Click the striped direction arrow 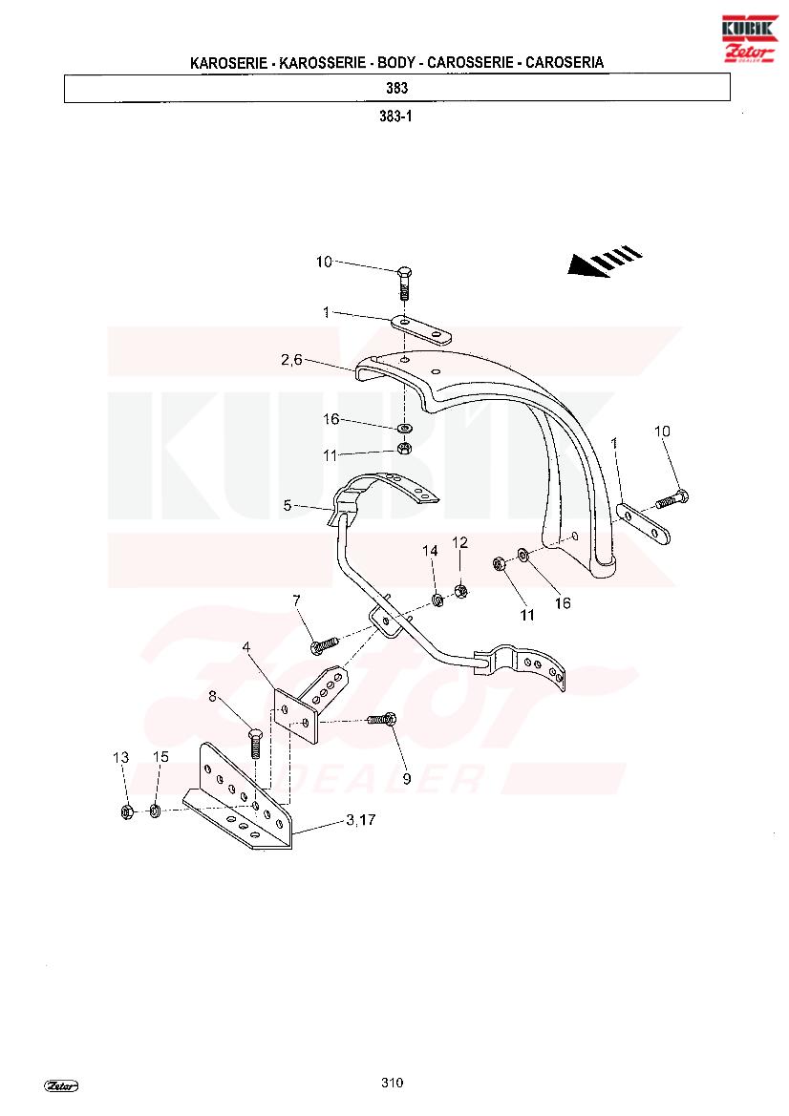coord(605,262)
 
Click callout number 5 coord(287,505)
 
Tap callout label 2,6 coord(292,360)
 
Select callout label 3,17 coord(361,820)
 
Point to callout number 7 coord(296,601)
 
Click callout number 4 coord(246,647)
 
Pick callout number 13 coord(121,757)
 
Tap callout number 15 coord(160,757)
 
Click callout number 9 coord(407,779)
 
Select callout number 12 coord(460,542)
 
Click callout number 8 coord(212,697)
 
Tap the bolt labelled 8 coord(256,744)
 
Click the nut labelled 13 coord(126,811)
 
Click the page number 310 coord(392,1083)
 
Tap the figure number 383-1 coord(395,116)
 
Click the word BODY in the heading coord(395,63)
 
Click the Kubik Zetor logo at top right coord(749,38)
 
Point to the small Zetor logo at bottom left coord(61,1086)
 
